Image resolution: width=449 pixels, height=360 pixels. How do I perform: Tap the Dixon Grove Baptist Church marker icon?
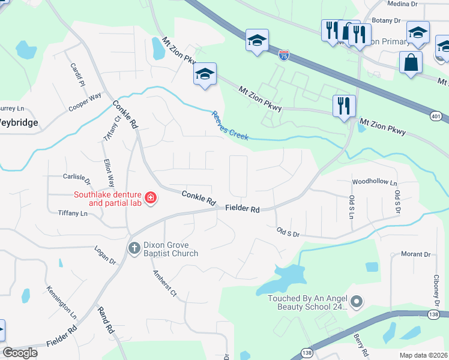click(x=134, y=247)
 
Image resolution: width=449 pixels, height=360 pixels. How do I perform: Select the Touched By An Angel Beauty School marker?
click(x=357, y=302)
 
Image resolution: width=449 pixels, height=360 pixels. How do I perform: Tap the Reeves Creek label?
click(x=229, y=125)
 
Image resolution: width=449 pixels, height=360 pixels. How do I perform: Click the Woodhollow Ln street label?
click(x=375, y=181)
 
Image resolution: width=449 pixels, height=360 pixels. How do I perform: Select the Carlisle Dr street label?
click(x=76, y=178)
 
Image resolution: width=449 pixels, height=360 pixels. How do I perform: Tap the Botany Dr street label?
click(x=386, y=20)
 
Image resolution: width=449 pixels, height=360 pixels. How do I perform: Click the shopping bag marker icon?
click(x=411, y=62)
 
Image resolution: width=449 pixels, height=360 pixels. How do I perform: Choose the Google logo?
click(x=20, y=353)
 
